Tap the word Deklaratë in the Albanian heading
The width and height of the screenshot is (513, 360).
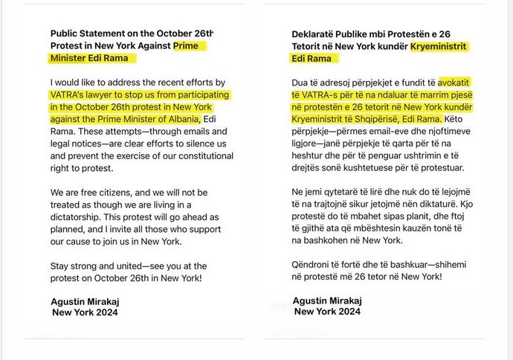[317, 34]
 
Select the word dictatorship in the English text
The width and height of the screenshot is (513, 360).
[82, 216]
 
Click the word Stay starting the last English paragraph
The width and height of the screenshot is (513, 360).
[62, 266]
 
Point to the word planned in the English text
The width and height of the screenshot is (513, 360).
[69, 228]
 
